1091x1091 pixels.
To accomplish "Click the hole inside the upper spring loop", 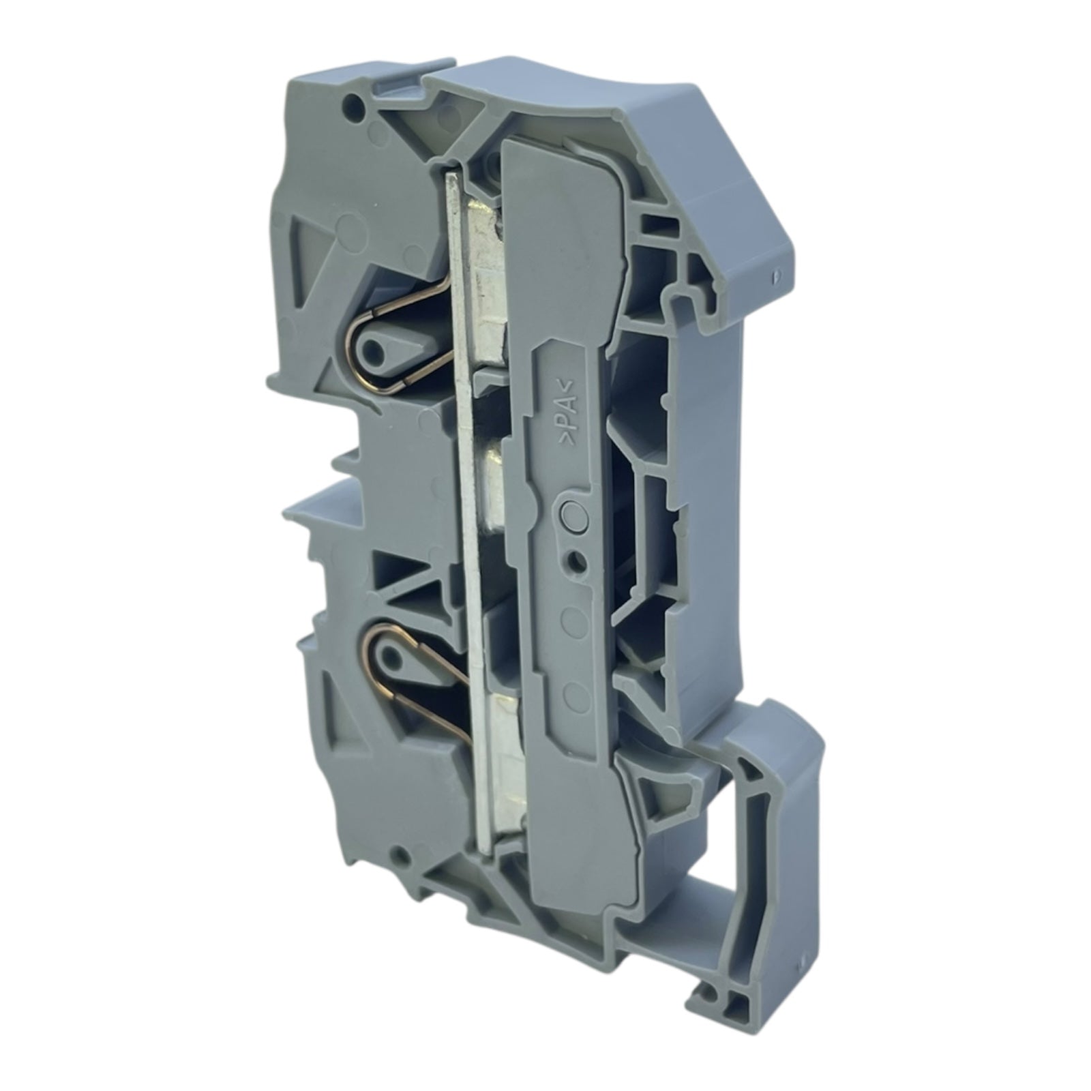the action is tap(373, 353).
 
